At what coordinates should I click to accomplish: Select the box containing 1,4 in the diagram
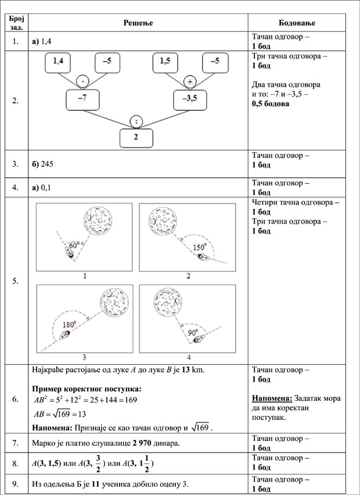point(62,62)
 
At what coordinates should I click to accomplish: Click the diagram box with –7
point(83,99)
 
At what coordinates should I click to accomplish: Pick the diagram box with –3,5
point(190,99)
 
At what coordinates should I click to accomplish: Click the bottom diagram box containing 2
point(136,137)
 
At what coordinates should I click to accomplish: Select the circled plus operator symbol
point(189,81)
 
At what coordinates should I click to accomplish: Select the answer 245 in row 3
point(49,164)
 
